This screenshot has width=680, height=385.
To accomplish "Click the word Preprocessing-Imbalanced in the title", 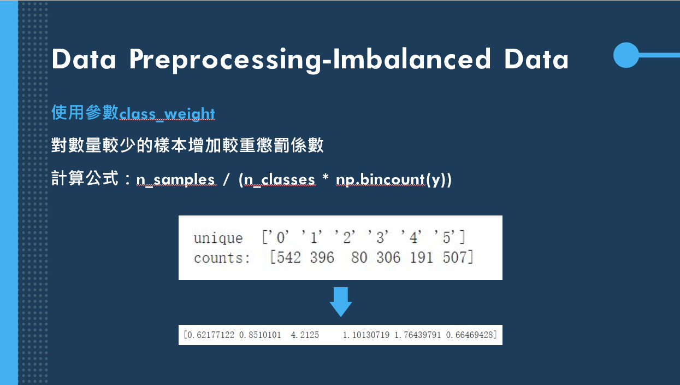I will [x=310, y=60].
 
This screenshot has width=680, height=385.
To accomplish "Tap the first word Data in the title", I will [x=84, y=60].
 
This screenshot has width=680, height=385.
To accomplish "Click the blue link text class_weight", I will [x=167, y=113].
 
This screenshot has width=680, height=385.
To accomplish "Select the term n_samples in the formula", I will [x=175, y=179].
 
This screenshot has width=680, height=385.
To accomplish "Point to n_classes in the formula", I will [x=280, y=179].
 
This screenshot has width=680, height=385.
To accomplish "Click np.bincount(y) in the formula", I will [x=393, y=179].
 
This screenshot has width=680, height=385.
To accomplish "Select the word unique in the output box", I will [x=218, y=238].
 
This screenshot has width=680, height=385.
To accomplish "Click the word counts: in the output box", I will [x=222, y=258].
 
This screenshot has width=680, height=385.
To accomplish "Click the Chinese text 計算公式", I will [x=85, y=179].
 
